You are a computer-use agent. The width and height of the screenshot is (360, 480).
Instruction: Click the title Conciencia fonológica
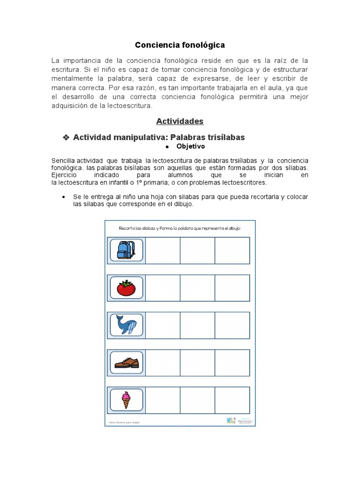[x=180, y=45]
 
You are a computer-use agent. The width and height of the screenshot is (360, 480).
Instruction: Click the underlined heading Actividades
[x=180, y=121]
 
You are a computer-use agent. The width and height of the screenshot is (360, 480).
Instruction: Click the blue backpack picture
[x=126, y=250]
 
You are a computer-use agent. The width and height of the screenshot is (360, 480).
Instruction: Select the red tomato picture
[x=126, y=288]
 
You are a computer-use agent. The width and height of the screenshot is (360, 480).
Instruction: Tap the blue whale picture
[x=126, y=325]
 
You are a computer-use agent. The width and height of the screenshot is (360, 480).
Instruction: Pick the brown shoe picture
[x=126, y=362]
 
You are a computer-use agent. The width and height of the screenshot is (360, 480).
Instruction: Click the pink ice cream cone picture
[x=126, y=400]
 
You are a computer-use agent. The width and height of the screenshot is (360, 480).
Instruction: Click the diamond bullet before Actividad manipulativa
[x=66, y=137]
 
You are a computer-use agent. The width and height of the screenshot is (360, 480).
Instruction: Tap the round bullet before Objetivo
[x=167, y=147]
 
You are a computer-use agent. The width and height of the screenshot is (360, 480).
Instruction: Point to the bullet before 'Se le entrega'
[x=63, y=197]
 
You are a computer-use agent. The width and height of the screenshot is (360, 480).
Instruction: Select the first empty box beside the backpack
[x=163, y=250]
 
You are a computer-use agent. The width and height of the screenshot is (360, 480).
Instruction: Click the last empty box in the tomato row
[x=232, y=288]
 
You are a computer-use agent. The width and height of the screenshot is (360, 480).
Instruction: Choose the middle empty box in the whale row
[x=197, y=325]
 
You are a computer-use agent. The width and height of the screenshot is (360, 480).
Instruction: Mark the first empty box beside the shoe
[x=163, y=362]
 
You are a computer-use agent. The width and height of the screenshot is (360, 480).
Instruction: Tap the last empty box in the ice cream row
[x=232, y=400]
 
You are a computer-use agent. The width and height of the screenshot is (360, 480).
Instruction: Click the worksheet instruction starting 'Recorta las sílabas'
[x=180, y=228]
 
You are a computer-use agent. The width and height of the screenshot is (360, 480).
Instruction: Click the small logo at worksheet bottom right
[x=231, y=420]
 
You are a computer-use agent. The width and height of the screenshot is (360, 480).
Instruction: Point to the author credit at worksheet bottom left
[x=125, y=422]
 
